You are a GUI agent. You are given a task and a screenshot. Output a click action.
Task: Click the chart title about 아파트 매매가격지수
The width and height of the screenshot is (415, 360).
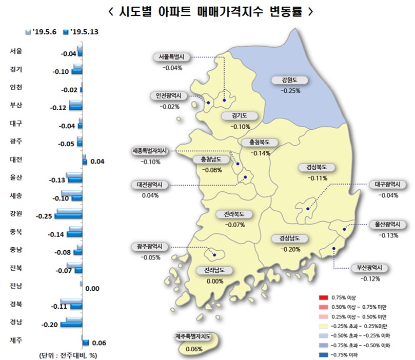coord(208,11)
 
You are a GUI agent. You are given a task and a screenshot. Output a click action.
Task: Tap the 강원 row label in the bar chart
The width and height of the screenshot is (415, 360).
coord(16,213)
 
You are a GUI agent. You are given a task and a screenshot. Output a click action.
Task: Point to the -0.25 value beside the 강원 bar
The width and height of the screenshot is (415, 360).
coord(45,216)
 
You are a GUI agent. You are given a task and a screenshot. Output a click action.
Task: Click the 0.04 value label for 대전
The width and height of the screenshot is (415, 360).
coord(97,162)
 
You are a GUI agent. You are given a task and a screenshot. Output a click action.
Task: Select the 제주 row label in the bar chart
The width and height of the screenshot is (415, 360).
coord(16,339)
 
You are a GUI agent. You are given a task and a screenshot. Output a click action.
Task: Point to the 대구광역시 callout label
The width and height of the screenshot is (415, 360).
coord(387,185)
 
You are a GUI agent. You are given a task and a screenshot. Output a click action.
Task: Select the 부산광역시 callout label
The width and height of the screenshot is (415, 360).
coord(369,268)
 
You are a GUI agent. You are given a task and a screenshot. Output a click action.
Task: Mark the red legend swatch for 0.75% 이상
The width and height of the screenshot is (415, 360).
coord(322,298)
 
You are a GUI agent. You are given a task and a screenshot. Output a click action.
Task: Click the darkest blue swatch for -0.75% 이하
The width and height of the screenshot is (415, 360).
coord(322,354)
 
